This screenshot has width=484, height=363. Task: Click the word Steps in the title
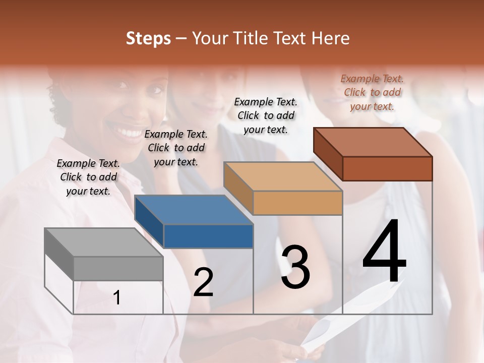(148, 38)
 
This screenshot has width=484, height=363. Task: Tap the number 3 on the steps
(295, 267)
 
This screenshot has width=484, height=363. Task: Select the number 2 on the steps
(203, 282)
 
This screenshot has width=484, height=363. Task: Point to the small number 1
(116, 298)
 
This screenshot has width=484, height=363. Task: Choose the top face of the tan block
(283, 176)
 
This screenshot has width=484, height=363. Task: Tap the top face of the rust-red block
(373, 142)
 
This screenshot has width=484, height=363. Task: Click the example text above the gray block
(88, 177)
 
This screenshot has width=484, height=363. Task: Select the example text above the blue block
(176, 148)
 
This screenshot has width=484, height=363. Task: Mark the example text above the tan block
(266, 115)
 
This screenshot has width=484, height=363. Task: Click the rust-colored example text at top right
(372, 92)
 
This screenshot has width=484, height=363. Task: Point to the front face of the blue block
(208, 236)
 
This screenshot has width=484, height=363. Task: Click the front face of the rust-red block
(387, 168)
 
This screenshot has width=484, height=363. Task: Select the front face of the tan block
(297, 203)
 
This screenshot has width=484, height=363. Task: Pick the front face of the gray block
(118, 269)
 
